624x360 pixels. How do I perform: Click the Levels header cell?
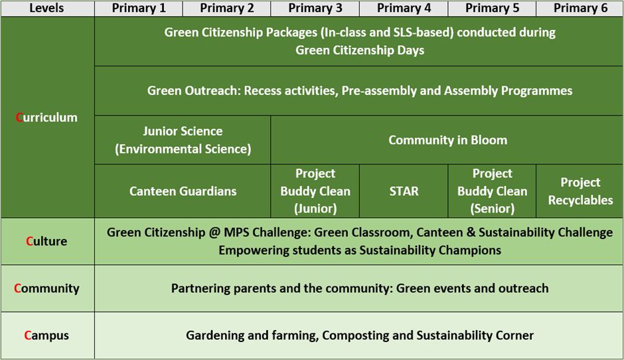point(47,8)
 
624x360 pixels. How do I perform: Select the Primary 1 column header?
point(139,8)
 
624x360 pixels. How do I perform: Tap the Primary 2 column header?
point(226,8)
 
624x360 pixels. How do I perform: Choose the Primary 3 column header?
point(315,8)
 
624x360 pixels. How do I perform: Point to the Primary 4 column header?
point(404,8)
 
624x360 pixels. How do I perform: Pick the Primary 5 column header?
point(492,8)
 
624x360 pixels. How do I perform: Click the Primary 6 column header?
point(580,8)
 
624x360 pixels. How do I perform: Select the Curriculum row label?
point(47,118)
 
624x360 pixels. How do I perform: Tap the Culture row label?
point(47,241)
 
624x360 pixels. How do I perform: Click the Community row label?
point(47,288)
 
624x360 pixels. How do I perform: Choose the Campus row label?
point(47,335)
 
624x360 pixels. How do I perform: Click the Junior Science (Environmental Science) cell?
point(183,140)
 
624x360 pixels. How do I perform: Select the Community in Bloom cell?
point(447,140)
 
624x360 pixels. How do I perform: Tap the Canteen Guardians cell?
point(183,191)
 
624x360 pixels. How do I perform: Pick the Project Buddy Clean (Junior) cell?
point(315,191)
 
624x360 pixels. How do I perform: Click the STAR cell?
point(404,191)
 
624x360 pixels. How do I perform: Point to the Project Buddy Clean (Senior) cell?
point(492,191)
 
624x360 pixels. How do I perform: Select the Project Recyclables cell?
point(580,191)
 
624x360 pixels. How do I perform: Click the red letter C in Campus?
point(28,335)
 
